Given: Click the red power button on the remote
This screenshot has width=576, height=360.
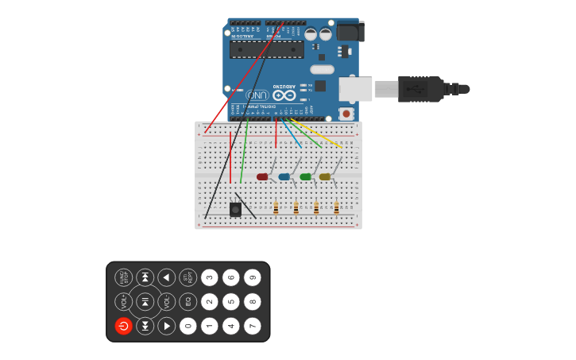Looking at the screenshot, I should [123, 326].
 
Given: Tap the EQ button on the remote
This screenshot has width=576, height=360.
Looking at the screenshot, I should [187, 302].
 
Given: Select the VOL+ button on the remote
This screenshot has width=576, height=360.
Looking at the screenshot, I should [123, 302].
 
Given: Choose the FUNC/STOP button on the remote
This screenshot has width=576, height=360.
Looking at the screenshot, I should [123, 277].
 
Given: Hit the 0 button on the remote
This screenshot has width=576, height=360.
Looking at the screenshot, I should [187, 326].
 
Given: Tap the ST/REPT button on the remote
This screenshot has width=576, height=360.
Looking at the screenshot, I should [187, 277].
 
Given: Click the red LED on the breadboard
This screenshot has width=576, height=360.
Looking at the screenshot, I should [262, 176].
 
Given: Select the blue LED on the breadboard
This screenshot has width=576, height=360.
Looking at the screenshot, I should [284, 176].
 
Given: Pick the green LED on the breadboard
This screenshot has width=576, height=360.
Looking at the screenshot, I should [305, 176].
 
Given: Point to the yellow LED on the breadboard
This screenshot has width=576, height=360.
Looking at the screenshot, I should [324, 176].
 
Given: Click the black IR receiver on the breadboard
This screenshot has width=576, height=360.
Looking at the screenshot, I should [235, 209].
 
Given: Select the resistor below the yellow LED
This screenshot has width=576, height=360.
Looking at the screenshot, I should [336, 208].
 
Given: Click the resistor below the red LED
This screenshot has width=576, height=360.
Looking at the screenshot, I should [276, 208].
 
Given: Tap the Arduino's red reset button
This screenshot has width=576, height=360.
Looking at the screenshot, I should [346, 114].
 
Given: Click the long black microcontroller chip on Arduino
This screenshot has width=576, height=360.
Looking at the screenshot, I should [266, 50].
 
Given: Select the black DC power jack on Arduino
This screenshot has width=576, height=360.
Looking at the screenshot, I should [350, 31].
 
